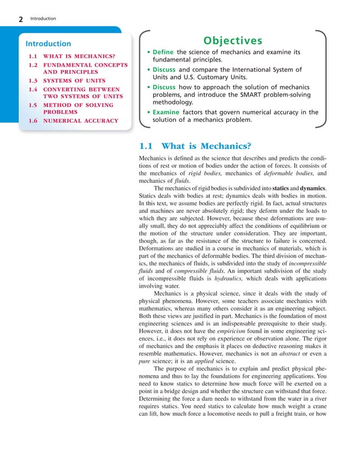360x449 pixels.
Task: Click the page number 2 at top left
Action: (21, 20)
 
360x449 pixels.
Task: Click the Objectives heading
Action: (233, 41)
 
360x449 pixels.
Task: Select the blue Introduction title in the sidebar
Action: (49, 43)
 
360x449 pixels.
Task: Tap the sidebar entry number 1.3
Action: (33, 81)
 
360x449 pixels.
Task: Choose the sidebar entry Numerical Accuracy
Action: (81, 120)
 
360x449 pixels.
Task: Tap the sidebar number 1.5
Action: (33, 105)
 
